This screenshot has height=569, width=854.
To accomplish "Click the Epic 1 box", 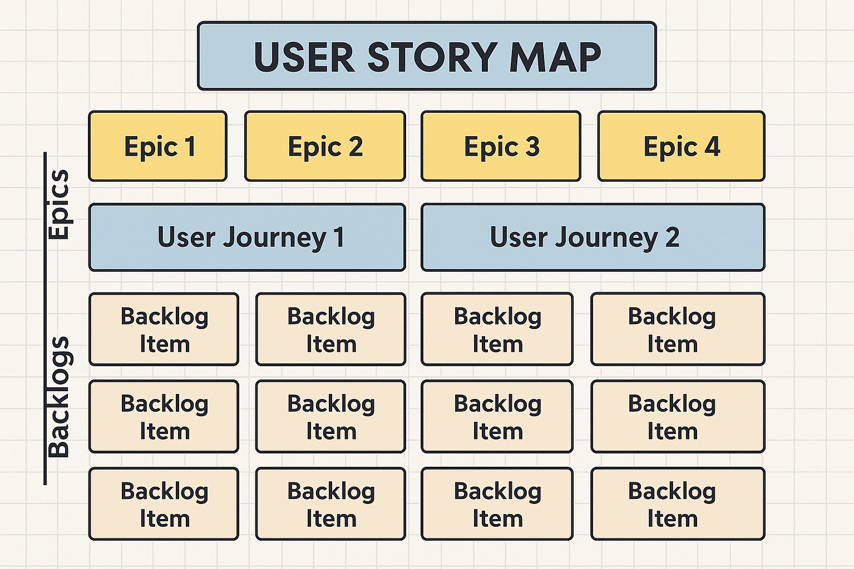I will click(x=158, y=146).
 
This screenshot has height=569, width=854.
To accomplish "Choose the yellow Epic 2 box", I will click(x=325, y=146).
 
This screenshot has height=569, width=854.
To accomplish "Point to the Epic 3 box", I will click(x=501, y=146).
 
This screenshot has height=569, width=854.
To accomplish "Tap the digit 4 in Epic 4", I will click(x=712, y=147).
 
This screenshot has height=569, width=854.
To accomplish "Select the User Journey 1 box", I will click(x=247, y=237).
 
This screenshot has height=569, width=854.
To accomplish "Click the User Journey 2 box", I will click(x=593, y=237).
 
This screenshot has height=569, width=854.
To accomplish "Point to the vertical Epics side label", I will click(x=58, y=204).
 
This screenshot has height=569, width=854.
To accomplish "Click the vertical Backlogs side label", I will click(x=58, y=397).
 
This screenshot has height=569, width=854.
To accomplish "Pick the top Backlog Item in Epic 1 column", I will click(x=164, y=330).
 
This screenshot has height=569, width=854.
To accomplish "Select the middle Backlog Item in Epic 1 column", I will click(x=164, y=417).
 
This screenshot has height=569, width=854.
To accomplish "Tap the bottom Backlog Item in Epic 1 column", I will click(x=164, y=504).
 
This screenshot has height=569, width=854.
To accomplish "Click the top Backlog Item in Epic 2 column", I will click(x=330, y=330).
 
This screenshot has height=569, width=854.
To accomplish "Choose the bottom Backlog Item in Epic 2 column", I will click(x=330, y=504).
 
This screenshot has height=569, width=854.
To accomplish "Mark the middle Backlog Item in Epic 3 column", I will click(x=497, y=417).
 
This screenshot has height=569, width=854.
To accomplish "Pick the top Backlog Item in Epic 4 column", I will click(x=678, y=330).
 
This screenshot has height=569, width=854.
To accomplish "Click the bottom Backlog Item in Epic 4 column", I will click(x=678, y=504).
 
